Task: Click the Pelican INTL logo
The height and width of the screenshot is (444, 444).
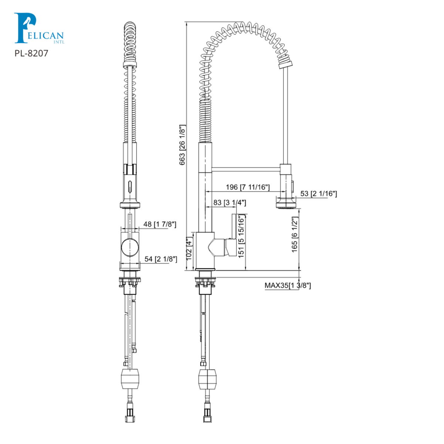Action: pos(38,29)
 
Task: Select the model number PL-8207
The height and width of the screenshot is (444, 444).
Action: pos(31,53)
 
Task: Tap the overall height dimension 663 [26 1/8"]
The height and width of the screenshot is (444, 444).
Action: pos(182,145)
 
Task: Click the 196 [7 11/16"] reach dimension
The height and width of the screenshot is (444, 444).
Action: pos(248,187)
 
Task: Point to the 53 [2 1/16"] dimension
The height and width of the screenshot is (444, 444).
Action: pos(318,194)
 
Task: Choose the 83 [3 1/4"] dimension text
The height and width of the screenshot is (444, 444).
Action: pos(229,202)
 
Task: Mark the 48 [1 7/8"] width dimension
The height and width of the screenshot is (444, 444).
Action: pos(159,224)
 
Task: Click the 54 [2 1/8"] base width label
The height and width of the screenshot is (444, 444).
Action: pos(160,259)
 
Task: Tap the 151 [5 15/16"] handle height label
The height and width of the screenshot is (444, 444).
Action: pos(242,236)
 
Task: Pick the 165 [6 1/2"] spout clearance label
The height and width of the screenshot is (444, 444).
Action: pos(295,234)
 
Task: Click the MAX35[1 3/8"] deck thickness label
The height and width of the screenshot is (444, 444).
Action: pos(287,285)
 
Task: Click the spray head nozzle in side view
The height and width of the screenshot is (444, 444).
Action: pos(286,203)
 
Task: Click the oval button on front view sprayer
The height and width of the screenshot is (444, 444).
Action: pos(130,185)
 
